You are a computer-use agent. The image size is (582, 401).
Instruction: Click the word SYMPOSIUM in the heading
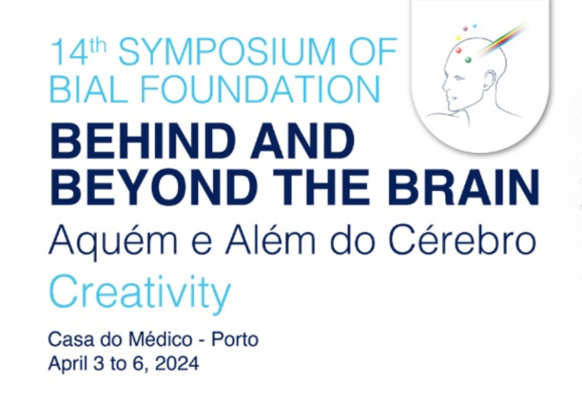(226, 52)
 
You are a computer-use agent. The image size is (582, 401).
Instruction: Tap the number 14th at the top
(79, 52)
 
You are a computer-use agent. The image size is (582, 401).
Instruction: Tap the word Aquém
(113, 240)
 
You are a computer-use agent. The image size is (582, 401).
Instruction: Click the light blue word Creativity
(140, 293)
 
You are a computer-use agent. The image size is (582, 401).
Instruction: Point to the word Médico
(161, 339)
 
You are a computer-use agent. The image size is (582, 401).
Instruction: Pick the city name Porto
(235, 339)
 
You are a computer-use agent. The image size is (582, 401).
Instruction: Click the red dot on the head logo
(458, 50)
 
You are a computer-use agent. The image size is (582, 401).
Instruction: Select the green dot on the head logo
(468, 60)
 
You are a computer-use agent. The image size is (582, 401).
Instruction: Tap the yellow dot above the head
(458, 38)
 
